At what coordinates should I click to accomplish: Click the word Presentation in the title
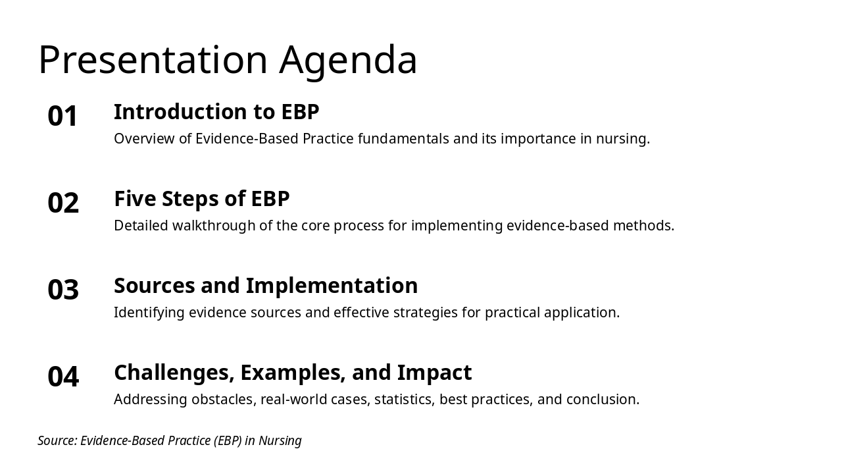coord(153,59)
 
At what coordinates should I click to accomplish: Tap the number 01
coord(62,116)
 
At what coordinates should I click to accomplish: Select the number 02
coord(63,203)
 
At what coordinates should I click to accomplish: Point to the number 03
coord(63,290)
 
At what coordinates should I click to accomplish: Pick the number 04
coord(63,377)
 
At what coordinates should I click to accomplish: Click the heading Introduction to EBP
coord(216,112)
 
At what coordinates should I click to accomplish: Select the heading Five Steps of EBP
coord(202,199)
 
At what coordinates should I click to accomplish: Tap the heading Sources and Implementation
coord(266,286)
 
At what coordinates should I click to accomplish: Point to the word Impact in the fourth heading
coord(434,373)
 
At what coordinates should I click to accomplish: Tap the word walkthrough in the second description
coord(214,226)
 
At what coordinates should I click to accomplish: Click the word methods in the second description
coord(643,226)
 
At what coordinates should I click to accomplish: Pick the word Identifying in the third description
coord(149,313)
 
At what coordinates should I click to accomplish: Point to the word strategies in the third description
coord(426,313)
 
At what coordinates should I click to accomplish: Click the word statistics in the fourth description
coord(405,400)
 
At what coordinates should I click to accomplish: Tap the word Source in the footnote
coord(57,440)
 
